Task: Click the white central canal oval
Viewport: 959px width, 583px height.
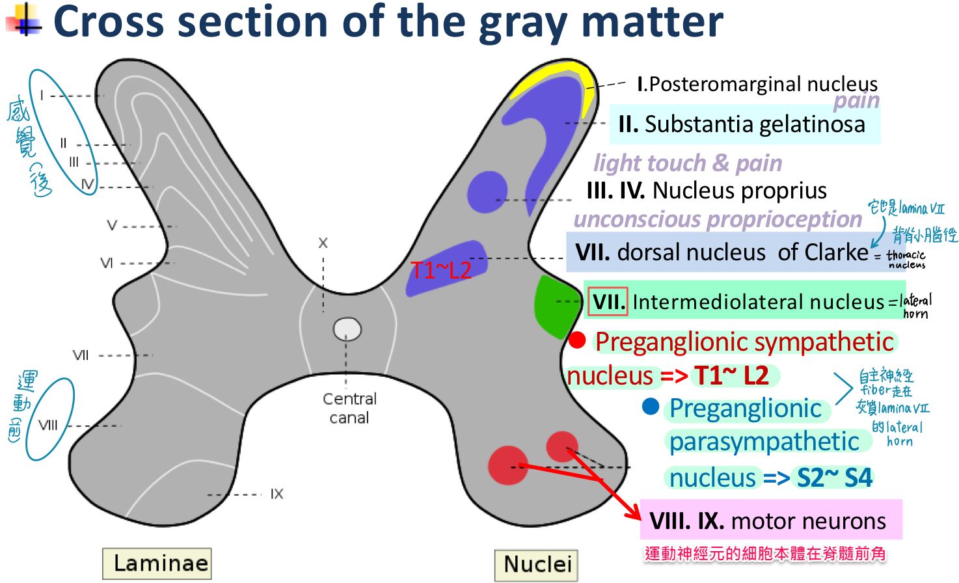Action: coord(347,329)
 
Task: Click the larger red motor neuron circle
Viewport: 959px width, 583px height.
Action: coord(507,465)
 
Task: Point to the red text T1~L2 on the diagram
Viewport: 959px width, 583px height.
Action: coord(440,270)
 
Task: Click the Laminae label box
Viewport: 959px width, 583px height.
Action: coord(157,563)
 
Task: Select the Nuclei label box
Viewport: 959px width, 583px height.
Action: coord(537,564)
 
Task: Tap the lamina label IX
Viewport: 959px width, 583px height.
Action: coord(277,495)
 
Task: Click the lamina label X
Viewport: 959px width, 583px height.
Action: coord(323,243)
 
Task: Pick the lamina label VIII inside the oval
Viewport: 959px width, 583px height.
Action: coord(48,426)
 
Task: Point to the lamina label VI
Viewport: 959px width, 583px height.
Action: coord(107,263)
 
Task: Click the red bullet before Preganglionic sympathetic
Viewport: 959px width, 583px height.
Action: coord(577,340)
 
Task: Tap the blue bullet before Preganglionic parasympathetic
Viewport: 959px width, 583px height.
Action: coord(650,407)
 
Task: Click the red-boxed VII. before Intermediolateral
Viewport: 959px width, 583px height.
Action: coord(608,301)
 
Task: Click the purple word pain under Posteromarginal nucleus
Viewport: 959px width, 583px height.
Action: coord(856,101)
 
